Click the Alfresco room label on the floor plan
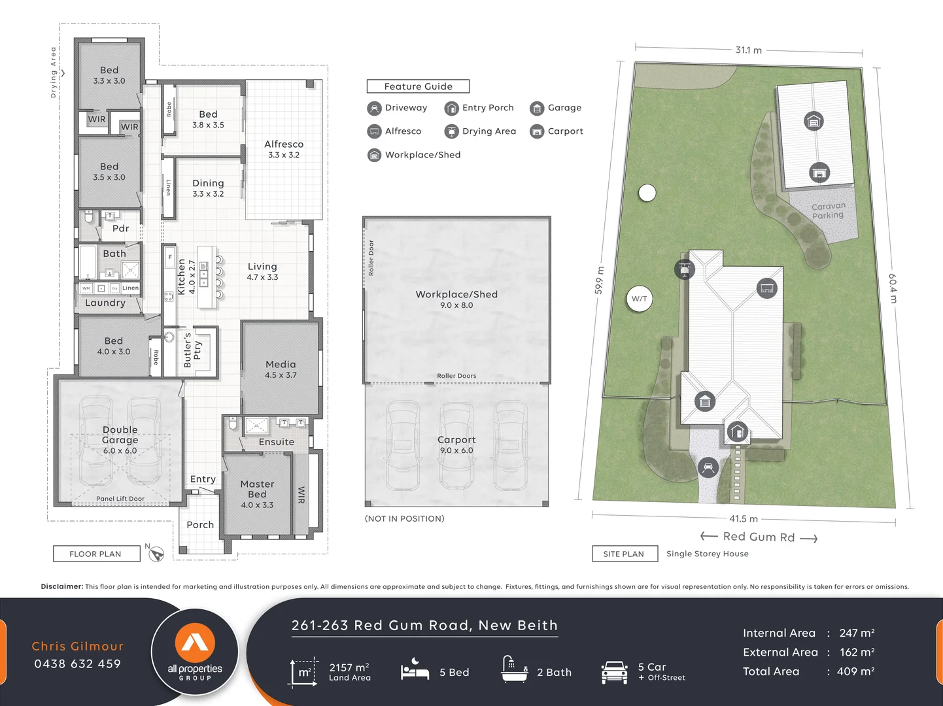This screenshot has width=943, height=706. click(284, 144)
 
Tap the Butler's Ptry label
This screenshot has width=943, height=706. click(192, 350)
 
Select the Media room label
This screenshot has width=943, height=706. click(281, 364)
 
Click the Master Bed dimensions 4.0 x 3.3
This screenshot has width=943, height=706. click(257, 505)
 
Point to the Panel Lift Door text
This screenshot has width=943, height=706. click(120, 499)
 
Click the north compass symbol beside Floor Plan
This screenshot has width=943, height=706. click(156, 554)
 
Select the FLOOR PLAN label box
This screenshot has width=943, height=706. click(96, 554)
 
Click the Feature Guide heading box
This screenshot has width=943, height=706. click(418, 86)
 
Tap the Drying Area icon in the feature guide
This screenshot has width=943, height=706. click(451, 131)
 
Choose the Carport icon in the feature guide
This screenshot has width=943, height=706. click(537, 131)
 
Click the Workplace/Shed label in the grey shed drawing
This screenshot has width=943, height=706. click(456, 294)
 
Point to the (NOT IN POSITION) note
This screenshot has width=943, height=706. click(404, 518)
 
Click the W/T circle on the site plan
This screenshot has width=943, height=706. click(640, 299)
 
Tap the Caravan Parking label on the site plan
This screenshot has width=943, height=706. click(828, 210)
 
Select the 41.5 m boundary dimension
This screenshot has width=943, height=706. click(744, 518)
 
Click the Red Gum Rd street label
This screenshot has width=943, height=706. click(759, 537)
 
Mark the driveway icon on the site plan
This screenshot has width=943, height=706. click(708, 467)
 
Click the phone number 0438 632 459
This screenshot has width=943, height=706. click(78, 664)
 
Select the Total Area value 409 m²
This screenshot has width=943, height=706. click(857, 671)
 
